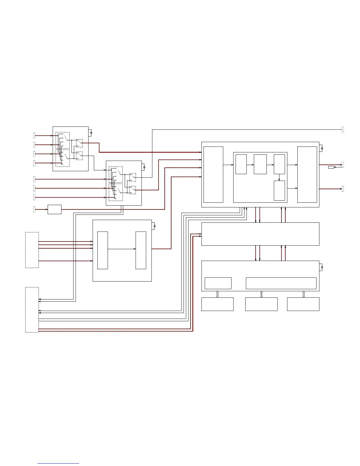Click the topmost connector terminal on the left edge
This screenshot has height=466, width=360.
[34, 136]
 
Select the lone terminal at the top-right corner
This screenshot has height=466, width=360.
[343, 129]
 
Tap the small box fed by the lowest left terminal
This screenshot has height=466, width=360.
[54, 209]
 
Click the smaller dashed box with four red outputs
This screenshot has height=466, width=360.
[32, 250]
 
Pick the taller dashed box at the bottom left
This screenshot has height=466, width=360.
[32, 309]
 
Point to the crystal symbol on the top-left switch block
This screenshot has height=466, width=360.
[91, 133]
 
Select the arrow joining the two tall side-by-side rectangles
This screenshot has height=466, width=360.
[121, 249]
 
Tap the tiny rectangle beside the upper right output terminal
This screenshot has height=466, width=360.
[331, 167]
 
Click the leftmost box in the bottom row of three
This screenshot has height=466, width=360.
[217, 304]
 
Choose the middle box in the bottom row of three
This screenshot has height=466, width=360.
[261, 304]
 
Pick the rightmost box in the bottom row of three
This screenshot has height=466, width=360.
[303, 304]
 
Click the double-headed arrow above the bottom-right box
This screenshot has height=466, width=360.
[304, 294]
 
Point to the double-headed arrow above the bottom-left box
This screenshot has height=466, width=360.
[217, 294]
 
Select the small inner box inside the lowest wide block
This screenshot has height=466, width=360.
[218, 283]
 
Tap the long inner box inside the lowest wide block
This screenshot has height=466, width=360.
[281, 283]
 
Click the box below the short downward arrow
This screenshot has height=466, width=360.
[279, 191]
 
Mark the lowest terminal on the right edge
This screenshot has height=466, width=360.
[343, 189]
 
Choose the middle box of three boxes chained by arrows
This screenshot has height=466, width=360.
[260, 164]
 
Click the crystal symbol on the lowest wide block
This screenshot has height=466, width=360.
[322, 267]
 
